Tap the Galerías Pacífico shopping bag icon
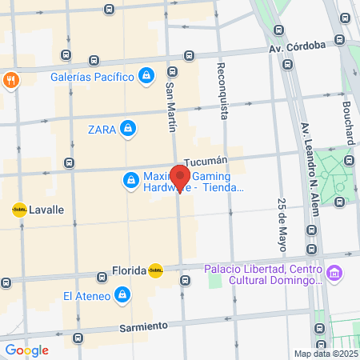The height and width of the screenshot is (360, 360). click(x=146, y=76)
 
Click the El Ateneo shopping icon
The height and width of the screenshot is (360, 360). click(x=122, y=296)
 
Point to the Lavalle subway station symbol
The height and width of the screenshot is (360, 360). click(x=19, y=210)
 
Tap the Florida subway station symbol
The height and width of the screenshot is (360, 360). click(x=156, y=270)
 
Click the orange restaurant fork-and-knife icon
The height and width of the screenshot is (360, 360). click(x=11, y=80)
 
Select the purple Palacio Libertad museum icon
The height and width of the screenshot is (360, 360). click(x=334, y=274)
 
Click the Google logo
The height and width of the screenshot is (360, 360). click(x=26, y=350)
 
